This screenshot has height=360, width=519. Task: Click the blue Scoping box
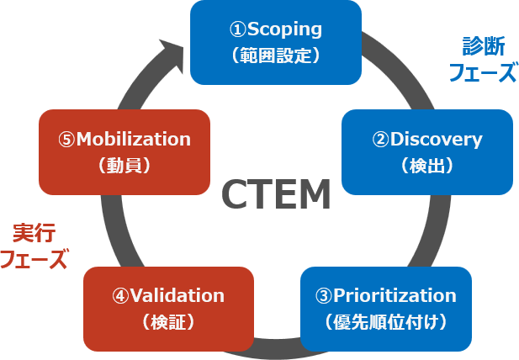click(x=276, y=42)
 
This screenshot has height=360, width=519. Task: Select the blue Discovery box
click(x=427, y=151)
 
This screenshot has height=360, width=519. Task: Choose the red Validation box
click(x=168, y=308)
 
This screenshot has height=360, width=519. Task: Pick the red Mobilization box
click(x=124, y=151)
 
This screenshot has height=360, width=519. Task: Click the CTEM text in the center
click(x=275, y=195)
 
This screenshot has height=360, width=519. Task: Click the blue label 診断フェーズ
click(x=481, y=59)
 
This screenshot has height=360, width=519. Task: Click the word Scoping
click(x=286, y=29)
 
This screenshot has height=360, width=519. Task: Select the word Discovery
click(x=437, y=139)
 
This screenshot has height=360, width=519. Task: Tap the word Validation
click(x=178, y=295)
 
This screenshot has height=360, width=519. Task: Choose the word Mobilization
click(x=134, y=139)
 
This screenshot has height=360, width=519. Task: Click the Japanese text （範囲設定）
click(x=276, y=56)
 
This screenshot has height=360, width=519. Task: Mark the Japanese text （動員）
click(x=124, y=165)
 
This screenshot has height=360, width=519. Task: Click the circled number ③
click(x=323, y=295)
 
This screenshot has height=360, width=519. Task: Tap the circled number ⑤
click(x=66, y=139)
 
